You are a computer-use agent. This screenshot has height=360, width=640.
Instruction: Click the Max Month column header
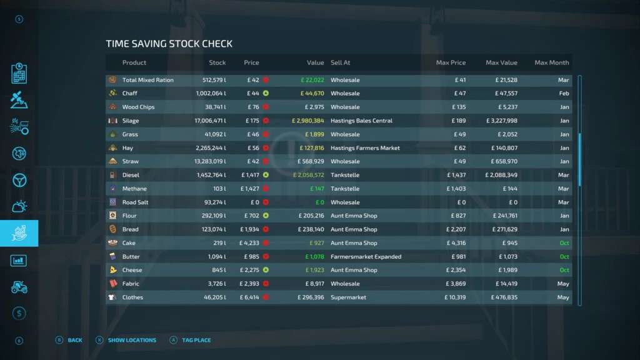tap(551, 62)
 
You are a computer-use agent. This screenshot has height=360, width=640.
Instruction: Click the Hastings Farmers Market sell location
tap(365, 148)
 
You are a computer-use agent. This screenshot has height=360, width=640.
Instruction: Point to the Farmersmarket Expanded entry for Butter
tap(366, 257)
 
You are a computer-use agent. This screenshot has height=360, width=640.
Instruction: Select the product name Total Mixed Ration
tap(148, 80)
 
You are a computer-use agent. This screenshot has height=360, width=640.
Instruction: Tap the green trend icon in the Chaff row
tap(266, 94)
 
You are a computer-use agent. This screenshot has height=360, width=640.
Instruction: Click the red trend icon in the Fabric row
tap(266, 284)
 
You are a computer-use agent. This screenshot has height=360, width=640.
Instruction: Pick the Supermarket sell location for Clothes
tap(348, 297)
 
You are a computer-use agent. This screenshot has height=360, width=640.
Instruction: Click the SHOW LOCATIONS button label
tap(132, 341)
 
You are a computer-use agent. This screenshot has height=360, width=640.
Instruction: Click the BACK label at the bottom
tap(75, 341)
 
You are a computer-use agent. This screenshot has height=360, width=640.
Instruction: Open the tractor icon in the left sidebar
tap(19, 287)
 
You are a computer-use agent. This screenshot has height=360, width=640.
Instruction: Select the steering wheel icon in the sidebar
tap(19, 180)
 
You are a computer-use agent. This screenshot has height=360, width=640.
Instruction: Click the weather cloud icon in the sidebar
tap(19, 206)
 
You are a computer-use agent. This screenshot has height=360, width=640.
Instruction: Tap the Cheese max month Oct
tap(564, 271)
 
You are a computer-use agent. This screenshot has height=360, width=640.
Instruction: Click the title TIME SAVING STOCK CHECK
tap(169, 44)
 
